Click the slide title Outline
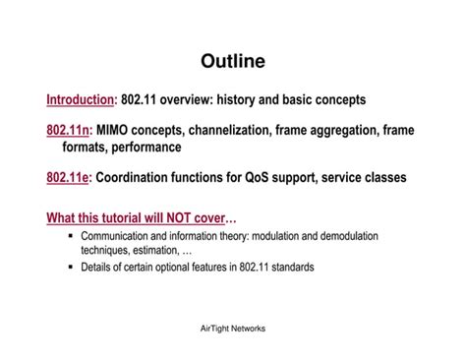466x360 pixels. (233, 62)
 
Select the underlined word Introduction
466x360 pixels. (81, 99)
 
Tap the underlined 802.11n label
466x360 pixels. (67, 130)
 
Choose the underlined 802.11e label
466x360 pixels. (67, 178)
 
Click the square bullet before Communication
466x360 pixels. (71, 236)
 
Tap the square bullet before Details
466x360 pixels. (71, 267)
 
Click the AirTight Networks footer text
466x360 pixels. (233, 329)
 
